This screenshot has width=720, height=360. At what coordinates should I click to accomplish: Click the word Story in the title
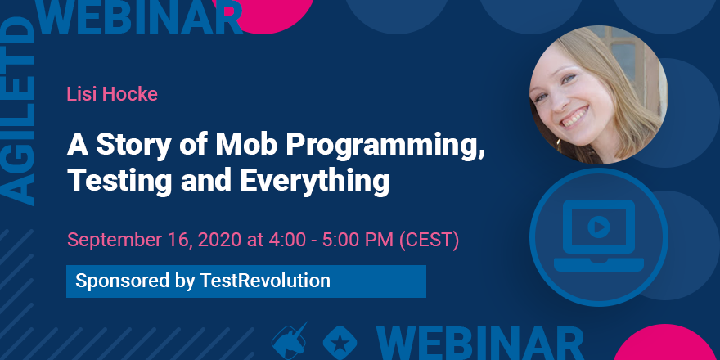pyautogui.click(x=125, y=145)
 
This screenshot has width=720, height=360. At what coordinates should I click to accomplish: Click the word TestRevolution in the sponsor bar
pyautogui.click(x=265, y=281)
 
